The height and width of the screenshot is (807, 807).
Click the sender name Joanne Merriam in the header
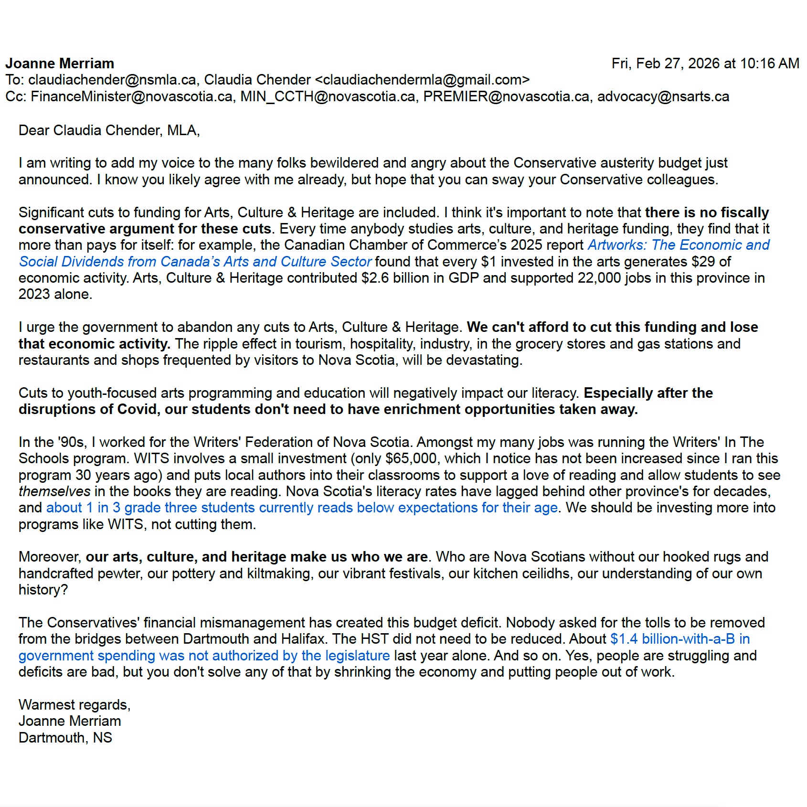[60, 64]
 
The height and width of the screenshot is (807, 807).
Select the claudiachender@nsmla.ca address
[112, 80]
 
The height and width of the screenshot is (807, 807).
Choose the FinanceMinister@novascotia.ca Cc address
[131, 96]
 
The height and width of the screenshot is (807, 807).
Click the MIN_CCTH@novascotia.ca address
[328, 96]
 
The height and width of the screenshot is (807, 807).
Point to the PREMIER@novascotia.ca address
[506, 96]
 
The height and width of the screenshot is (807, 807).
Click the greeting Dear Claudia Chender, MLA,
[109, 130]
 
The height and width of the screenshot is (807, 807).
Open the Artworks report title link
[678, 245]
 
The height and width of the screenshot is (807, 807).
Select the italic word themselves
[54, 491]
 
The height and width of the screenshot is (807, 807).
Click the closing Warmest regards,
[74, 705]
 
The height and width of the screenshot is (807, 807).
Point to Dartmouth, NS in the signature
[65, 738]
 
